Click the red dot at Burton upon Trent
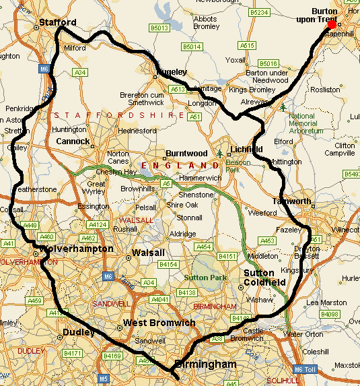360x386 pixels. [x=332, y=25]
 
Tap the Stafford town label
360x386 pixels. [x=53, y=22]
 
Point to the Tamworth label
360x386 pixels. [x=292, y=201]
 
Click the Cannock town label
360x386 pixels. [x=72, y=141]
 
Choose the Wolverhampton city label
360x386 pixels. [x=77, y=249]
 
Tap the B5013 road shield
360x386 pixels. [x=159, y=28]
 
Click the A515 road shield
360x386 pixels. [x=248, y=45]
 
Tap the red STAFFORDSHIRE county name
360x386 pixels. [x=120, y=115]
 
